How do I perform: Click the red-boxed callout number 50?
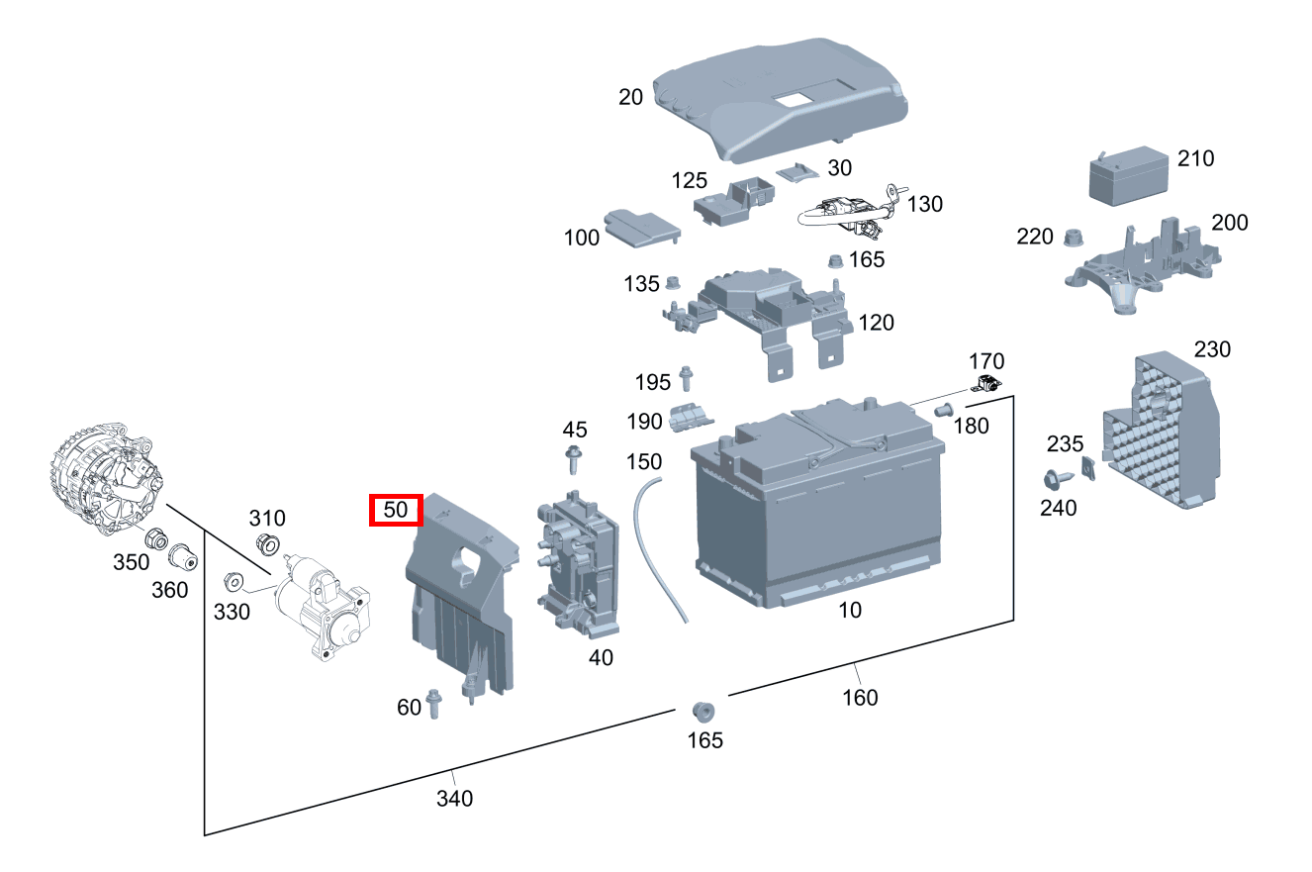396,511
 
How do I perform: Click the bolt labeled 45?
573,459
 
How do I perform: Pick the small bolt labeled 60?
433,704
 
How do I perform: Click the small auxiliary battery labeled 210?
1129,178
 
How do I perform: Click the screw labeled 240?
1055,480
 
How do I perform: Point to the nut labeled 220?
1071,238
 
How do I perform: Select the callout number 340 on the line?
454,797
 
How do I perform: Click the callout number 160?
859,698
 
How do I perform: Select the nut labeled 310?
265,542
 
